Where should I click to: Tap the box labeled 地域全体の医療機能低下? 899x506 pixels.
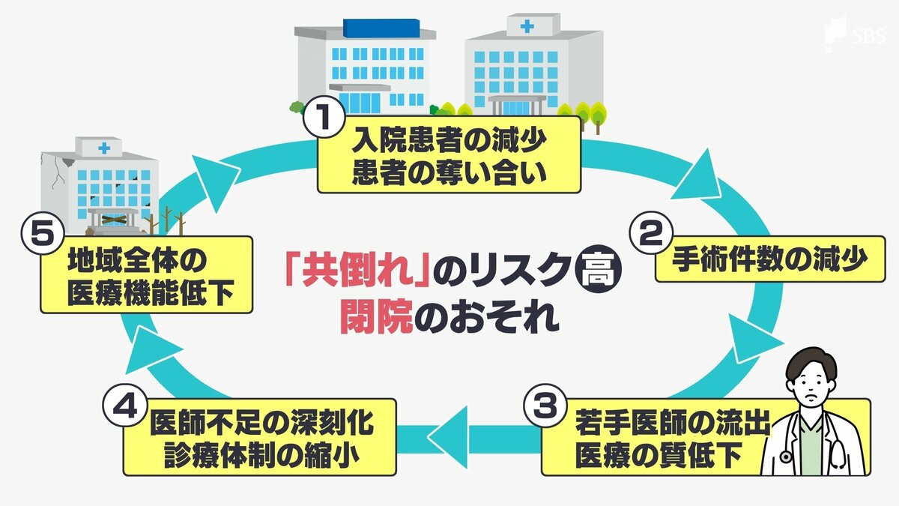pos(146,274)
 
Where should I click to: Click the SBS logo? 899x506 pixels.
pos(853,33)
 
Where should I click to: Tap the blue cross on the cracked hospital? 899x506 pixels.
pos(100,149)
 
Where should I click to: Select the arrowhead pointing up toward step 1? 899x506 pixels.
pos(212,171)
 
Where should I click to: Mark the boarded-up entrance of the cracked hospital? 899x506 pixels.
pos(112,218)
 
